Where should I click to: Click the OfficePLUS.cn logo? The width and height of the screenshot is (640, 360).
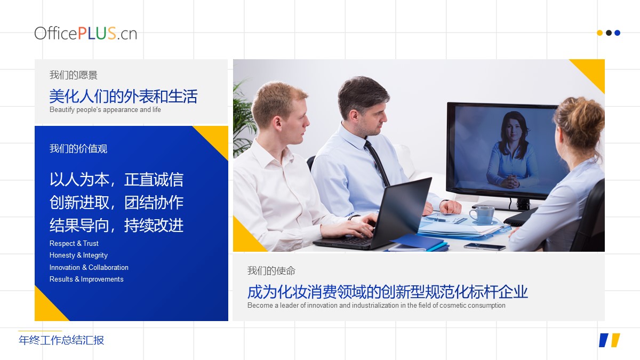coord(86,33)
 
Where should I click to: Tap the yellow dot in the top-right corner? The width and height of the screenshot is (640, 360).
coord(599,33)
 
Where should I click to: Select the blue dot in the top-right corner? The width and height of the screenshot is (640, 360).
coord(617,33)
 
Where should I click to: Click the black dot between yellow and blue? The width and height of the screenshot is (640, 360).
coord(609,33)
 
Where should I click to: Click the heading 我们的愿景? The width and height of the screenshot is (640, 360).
coord(74,75)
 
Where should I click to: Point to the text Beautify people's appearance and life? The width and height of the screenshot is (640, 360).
coord(105,110)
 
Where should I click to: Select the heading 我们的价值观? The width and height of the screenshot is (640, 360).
coord(78,149)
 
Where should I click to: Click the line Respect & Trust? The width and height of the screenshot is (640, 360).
coord(74,243)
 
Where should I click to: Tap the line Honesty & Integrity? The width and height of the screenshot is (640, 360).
coord(78,255)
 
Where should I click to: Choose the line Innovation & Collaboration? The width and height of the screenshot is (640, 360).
coord(89,267)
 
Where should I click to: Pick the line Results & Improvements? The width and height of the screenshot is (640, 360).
coord(86,279)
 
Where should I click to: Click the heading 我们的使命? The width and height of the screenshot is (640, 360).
coord(271,270)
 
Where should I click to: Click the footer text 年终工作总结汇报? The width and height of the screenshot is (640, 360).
coord(61,340)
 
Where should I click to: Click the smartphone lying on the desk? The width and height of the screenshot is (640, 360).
coord(485,246)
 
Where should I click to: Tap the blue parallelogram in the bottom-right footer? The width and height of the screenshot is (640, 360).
coord(603,340)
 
